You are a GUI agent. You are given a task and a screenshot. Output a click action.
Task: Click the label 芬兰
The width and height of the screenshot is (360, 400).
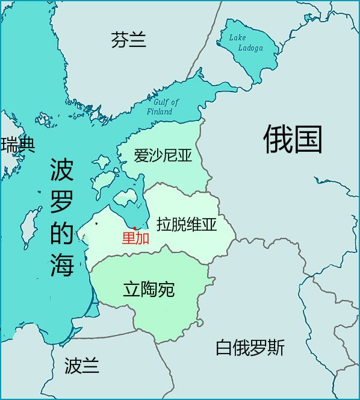129,40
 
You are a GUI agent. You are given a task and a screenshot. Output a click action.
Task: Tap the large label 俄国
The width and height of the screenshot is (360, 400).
293,140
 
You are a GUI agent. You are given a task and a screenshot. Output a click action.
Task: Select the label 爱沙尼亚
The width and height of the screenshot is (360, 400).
163,157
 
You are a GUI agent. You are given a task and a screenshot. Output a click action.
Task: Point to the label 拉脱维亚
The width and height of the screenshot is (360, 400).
186,225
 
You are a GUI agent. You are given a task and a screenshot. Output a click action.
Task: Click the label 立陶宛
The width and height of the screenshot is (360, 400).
149,290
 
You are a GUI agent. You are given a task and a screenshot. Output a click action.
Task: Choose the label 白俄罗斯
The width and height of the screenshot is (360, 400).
250,348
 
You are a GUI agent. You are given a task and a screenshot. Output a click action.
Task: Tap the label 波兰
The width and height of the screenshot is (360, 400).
82,365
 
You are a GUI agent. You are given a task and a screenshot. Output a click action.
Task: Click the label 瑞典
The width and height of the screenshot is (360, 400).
18,145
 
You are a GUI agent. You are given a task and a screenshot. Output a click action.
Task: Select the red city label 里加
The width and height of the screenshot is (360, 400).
135,239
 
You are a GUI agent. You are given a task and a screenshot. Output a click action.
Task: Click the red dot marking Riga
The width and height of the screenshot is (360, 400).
134,228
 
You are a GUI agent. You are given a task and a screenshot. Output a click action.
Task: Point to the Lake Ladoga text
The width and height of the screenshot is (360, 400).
246,43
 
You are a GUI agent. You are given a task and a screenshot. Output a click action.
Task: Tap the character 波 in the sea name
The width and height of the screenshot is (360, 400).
61,171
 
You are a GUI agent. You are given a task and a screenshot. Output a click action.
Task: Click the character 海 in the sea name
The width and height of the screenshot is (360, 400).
61,263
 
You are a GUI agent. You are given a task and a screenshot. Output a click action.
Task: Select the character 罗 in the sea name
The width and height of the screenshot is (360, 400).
61,202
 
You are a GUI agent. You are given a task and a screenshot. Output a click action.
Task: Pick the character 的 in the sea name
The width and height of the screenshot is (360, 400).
61,233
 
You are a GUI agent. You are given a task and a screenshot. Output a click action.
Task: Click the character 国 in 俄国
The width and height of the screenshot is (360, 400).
308,140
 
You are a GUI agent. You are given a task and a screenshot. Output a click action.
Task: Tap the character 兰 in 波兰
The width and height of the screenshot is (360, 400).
91,365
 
